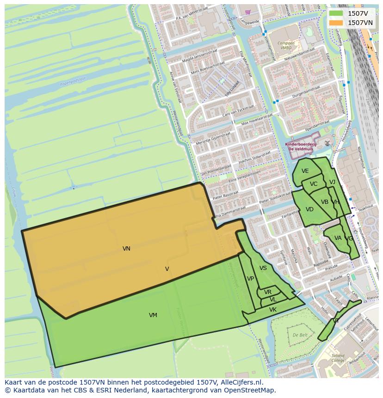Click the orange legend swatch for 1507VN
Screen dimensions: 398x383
click(336, 23)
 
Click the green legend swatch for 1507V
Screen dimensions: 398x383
click(336, 13)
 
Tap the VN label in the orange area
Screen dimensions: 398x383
click(126, 249)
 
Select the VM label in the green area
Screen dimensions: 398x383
click(153, 315)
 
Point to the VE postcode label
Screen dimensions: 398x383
click(305, 171)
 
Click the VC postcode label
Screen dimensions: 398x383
click(314, 184)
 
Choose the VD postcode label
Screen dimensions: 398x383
click(309, 209)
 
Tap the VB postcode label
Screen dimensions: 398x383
click(325, 202)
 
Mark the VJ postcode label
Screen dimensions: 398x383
click(332, 182)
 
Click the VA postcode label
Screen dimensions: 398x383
click(338, 238)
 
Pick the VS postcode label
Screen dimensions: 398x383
click(263, 268)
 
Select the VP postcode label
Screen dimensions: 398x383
click(250, 279)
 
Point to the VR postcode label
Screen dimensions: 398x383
click(268, 292)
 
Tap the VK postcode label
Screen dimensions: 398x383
click(273, 310)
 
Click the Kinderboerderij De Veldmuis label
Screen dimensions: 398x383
click(301, 146)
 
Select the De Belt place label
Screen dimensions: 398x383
click(300, 335)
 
